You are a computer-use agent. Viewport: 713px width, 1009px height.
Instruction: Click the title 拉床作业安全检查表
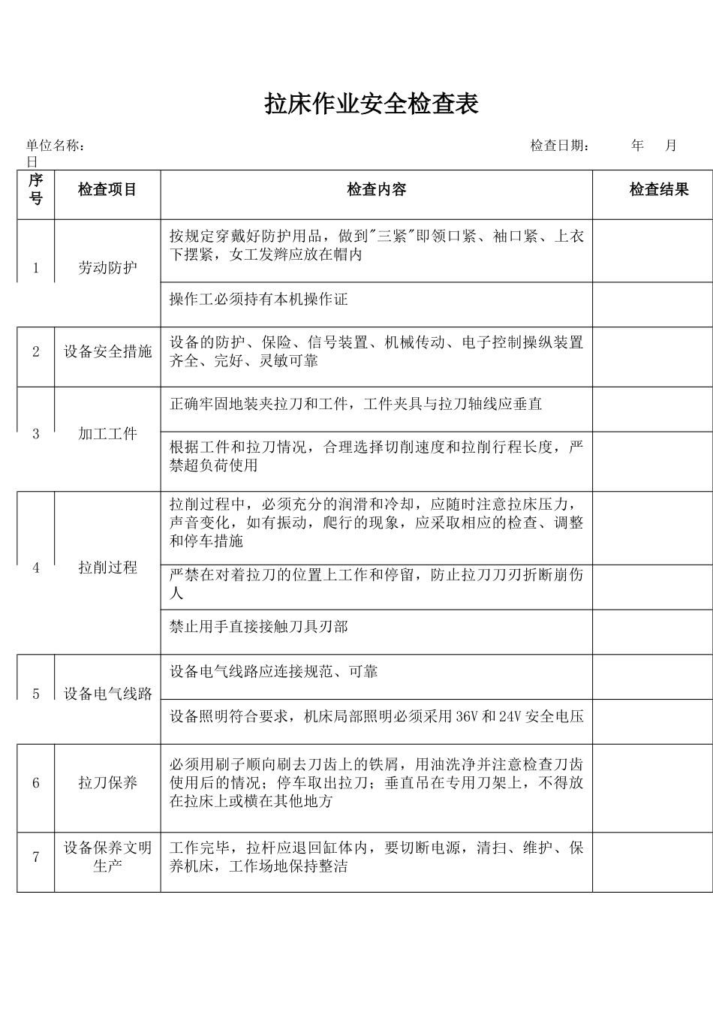tap(371, 104)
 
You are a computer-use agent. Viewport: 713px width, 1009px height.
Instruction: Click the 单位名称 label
tap(55, 146)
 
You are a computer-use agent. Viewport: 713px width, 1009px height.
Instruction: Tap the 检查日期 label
tap(559, 146)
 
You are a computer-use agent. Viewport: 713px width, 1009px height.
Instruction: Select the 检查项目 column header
tap(107, 190)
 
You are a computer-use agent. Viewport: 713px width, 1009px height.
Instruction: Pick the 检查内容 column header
tap(376, 190)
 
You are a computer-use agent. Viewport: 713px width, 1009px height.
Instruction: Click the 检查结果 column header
tap(658, 190)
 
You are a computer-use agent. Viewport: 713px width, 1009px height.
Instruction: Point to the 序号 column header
tap(36, 189)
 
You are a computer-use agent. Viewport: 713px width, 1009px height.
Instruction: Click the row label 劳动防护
tap(107, 268)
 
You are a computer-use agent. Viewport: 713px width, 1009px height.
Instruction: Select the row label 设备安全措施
tap(107, 351)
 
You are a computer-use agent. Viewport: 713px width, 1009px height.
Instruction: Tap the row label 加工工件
tap(107, 433)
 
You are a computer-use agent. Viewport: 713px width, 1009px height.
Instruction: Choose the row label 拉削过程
tap(107, 568)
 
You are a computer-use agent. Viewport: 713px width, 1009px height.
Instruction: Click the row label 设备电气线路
tap(107, 694)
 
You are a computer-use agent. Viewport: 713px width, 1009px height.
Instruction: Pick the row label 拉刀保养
tap(107, 783)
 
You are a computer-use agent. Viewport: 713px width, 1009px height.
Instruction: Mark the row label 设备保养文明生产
tap(107, 857)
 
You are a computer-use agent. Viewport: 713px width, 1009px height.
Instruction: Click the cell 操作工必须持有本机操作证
tap(258, 300)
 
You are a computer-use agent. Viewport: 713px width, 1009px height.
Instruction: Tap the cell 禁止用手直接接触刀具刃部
tap(258, 627)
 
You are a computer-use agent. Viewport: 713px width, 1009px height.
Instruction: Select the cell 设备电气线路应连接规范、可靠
tap(273, 671)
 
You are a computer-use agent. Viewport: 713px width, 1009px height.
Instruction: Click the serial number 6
tap(36, 783)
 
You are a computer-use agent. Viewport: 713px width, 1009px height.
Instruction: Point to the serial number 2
tap(36, 351)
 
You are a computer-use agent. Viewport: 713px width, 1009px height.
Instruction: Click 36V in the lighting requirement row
tap(466, 716)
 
